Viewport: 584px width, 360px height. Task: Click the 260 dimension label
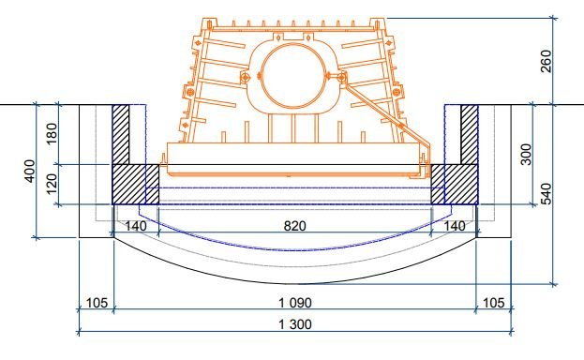[546, 62]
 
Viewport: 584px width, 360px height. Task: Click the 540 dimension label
[546, 194]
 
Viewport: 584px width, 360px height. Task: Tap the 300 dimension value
[526, 155]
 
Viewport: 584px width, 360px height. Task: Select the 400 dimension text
[30, 171]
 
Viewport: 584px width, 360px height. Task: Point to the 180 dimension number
[52, 133]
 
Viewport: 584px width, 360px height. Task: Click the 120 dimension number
[52, 184]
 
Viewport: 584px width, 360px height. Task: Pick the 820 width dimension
[295, 226]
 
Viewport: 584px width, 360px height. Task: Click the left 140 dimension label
[136, 226]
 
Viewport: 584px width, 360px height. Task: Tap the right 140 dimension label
[455, 226]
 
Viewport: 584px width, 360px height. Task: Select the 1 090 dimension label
[295, 303]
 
